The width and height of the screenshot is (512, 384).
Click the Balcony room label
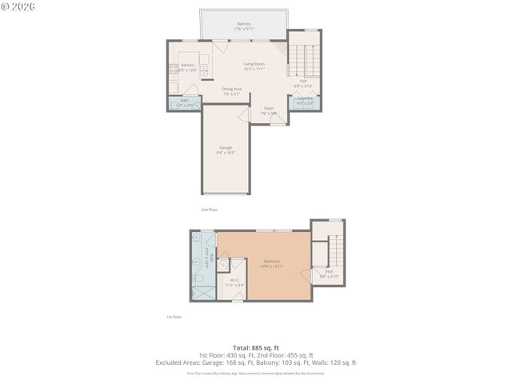point(243,24)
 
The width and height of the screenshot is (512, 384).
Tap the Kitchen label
point(188,65)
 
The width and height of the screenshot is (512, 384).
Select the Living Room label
point(254,64)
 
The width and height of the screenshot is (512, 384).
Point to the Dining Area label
point(222,89)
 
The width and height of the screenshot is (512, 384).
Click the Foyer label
point(269,108)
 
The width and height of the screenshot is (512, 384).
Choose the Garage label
point(226,148)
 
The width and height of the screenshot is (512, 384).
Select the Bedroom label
point(272,261)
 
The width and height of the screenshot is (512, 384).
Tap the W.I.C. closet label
point(234,280)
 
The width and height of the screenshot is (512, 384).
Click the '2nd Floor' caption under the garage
point(210,209)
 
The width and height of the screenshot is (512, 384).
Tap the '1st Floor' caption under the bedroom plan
point(174,317)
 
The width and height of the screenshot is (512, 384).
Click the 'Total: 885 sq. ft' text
point(255,347)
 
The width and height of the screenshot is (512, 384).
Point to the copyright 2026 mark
point(18,6)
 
